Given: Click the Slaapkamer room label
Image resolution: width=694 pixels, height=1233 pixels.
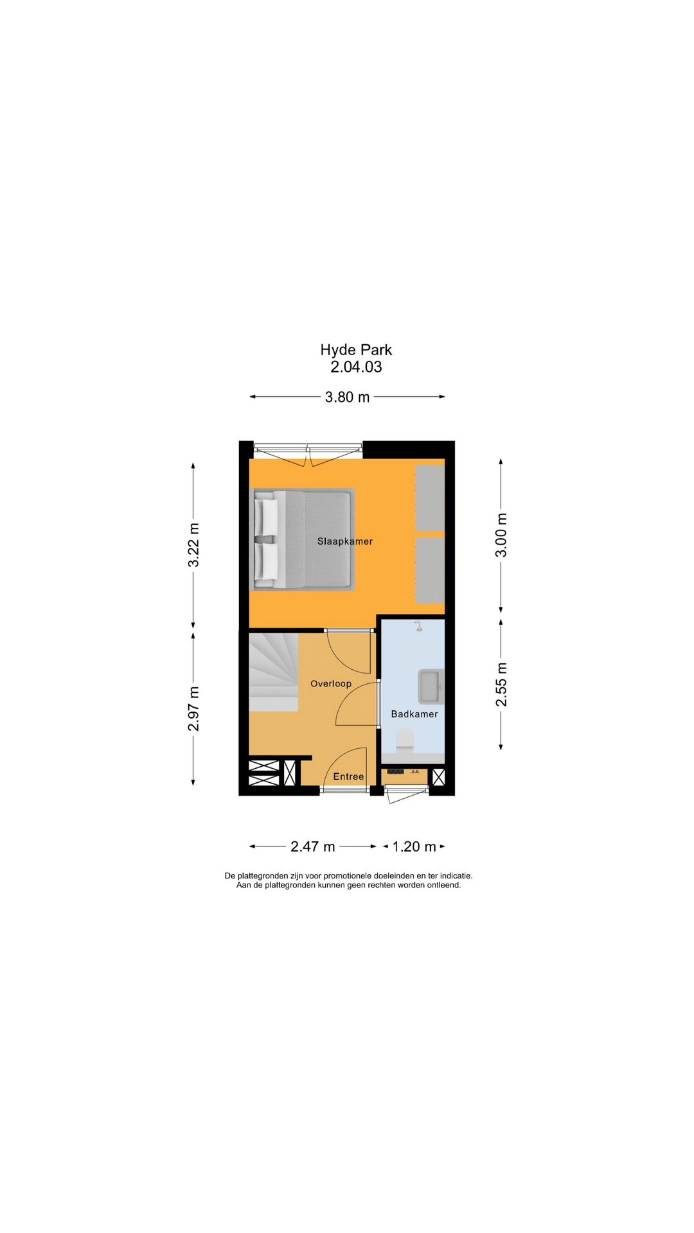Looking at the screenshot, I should (x=344, y=541).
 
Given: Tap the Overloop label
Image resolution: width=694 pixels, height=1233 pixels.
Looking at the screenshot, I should (x=331, y=684).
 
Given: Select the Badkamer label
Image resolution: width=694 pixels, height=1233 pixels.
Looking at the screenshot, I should (x=414, y=714).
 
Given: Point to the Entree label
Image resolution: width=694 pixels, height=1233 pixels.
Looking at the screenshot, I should (x=348, y=777).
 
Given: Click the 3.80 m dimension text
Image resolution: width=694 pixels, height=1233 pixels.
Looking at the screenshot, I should (x=347, y=398).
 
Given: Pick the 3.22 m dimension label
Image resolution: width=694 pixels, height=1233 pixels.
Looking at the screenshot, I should (x=193, y=545).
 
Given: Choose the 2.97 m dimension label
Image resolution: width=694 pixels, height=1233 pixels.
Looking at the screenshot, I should (x=193, y=709).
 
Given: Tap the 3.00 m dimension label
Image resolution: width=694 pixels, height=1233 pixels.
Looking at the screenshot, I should (x=501, y=535).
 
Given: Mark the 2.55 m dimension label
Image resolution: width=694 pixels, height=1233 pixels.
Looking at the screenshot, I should (x=501, y=685).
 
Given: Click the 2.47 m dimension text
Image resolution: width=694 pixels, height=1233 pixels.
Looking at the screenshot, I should (x=313, y=847).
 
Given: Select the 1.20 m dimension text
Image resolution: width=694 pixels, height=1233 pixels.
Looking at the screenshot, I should (x=414, y=847).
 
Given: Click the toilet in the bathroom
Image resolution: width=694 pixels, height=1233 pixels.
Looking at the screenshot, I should (x=405, y=739).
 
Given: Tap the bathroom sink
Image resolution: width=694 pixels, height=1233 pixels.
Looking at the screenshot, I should (x=431, y=686).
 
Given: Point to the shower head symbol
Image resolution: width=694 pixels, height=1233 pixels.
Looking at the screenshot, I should (x=418, y=626).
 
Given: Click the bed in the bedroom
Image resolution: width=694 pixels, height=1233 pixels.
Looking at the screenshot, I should (x=302, y=539).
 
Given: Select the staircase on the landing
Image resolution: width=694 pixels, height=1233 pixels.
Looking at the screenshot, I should (x=274, y=671).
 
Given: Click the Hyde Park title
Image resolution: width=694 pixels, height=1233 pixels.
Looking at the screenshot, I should (x=356, y=350).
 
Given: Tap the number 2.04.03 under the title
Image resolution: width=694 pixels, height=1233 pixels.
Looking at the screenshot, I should (x=356, y=367).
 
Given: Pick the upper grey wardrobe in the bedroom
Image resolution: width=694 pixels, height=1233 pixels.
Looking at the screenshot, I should (x=430, y=498).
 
